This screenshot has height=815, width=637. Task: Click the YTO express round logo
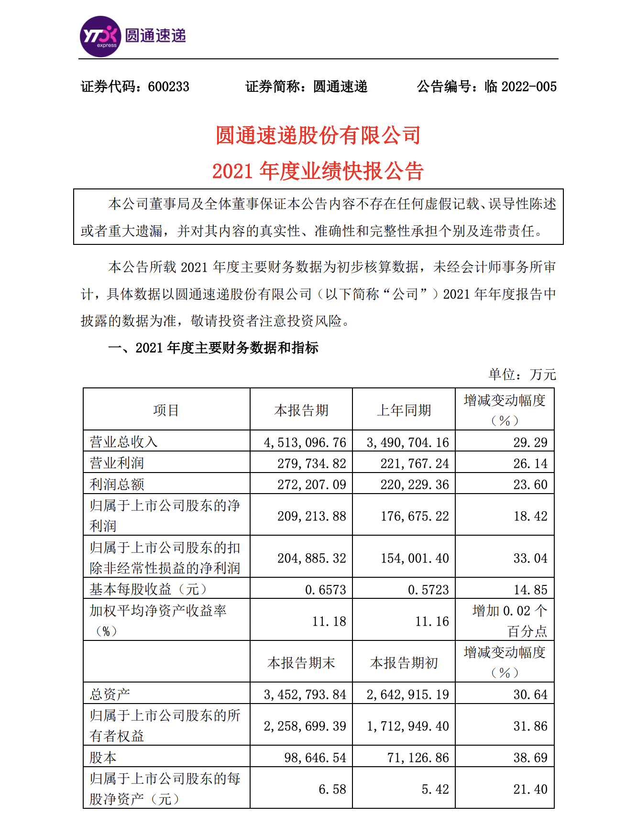pos(100,37)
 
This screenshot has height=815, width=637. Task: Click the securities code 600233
pos(168,87)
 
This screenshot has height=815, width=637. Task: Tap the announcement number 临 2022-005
pos(520,87)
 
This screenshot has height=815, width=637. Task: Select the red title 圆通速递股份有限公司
pos(318,135)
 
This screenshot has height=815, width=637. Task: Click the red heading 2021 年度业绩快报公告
pos(318,171)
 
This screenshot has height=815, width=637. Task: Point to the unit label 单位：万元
pos(522,374)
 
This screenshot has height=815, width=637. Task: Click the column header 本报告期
pos(301,410)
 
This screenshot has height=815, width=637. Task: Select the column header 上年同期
pos(404,410)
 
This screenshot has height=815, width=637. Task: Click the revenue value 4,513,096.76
pos(305,442)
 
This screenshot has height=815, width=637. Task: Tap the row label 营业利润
pos(117,463)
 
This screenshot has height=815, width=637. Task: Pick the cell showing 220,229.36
pos(415,485)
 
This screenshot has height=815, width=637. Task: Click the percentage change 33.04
pos(530,558)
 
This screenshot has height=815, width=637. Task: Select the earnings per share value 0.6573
pos(326,590)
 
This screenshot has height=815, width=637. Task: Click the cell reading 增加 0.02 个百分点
pos(510,621)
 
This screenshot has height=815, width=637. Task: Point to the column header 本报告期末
pos(301,663)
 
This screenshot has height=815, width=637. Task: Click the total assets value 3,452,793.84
pos(305,694)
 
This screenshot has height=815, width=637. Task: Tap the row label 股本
pos(103,758)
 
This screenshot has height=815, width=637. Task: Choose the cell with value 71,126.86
pos(418,758)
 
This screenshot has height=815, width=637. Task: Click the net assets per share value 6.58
pos(332,789)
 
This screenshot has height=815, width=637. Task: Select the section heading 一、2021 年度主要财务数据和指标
pos(213,348)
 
